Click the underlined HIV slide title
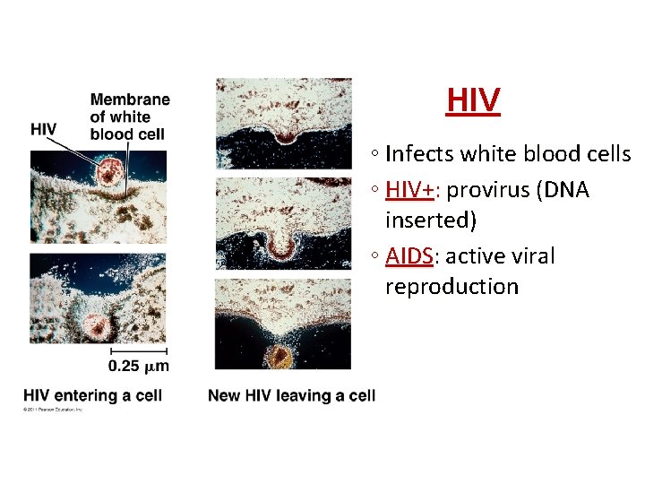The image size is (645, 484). [x=473, y=101]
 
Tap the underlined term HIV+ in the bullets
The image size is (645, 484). [x=408, y=190]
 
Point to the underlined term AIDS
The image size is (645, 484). [x=409, y=256]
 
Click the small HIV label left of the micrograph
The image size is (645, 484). [x=43, y=129]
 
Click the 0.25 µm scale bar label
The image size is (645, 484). [x=138, y=366]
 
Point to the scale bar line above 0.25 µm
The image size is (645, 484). [x=139, y=350]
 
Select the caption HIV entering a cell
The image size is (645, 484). [x=92, y=395]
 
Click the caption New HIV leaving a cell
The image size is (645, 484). [x=291, y=395]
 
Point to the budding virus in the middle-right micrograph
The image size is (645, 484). [x=282, y=242]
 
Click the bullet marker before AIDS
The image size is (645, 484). [x=372, y=257]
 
